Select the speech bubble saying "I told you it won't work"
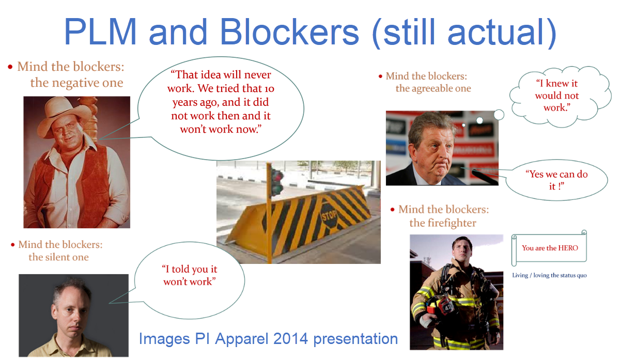(189, 275)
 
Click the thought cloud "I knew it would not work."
(556, 96)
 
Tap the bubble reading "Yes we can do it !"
(556, 180)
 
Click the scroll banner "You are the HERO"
(550, 248)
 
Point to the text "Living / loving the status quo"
(549, 275)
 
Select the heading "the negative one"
(76, 83)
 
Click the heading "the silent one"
(58, 257)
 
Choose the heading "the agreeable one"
(433, 88)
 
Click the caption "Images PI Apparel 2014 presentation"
(268, 339)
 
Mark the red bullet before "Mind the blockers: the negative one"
(10, 67)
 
